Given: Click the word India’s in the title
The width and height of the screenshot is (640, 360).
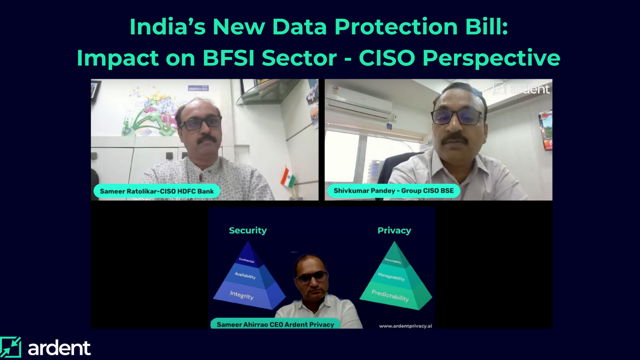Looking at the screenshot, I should tap(167, 27).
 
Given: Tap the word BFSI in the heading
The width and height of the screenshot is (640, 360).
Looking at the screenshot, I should tap(228, 58).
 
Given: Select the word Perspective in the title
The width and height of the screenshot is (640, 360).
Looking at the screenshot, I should tap(491, 58).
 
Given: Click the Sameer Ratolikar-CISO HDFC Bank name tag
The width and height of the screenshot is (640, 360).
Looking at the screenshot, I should tap(157, 191).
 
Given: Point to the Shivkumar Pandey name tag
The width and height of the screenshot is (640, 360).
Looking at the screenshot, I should tap(394, 191).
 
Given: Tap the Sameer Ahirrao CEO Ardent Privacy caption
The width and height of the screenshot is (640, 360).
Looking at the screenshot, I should tap(275, 324).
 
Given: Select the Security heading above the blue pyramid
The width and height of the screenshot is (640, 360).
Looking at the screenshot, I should tap(248, 230).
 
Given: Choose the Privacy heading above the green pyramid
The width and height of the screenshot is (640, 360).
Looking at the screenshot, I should tap(394, 230).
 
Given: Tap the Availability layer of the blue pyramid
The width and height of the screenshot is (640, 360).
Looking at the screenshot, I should tap(245, 276).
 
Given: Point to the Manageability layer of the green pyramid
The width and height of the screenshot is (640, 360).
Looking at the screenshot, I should tap(392, 276).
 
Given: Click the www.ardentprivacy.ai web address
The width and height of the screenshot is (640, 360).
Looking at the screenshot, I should tap(405, 326).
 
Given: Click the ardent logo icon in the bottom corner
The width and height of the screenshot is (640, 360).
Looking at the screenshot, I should tap(10, 347).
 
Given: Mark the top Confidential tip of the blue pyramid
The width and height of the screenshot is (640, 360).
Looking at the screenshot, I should tap(247, 259).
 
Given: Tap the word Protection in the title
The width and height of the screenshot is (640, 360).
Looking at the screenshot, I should tap(396, 27).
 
